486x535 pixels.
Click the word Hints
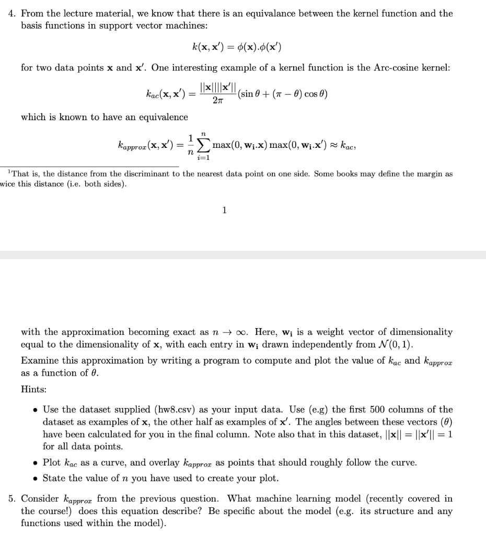pyautogui.click(x=32, y=390)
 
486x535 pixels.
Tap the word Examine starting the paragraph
pyautogui.click(x=38, y=360)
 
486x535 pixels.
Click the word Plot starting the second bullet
pyautogui.click(x=52, y=463)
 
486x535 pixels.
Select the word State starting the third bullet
pyautogui.click(x=53, y=479)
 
